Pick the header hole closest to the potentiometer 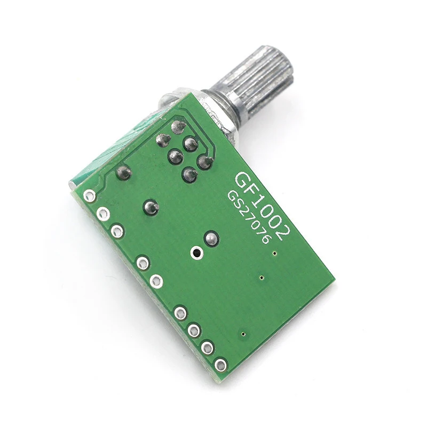(x=90, y=195)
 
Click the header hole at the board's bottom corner (x=220, y=365)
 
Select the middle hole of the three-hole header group (x=104, y=214)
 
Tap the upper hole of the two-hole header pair (x=143, y=262)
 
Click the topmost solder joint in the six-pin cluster (x=178, y=127)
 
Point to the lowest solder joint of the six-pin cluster (x=188, y=174)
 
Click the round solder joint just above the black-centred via (x=211, y=238)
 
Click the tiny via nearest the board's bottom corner (x=243, y=334)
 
